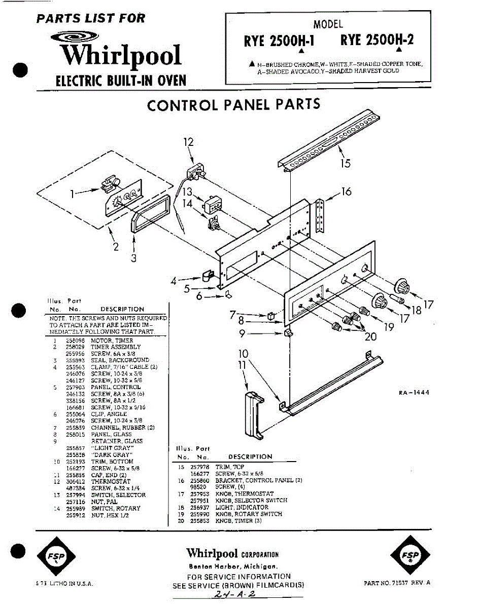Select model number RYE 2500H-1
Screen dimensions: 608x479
coord(279,41)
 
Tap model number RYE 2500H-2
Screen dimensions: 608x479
coord(377,40)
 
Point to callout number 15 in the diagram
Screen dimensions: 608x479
coord(345,163)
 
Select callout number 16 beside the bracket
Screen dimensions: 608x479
coord(346,192)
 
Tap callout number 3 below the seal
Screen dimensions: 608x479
coord(133,258)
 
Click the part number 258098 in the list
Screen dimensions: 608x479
coord(74,340)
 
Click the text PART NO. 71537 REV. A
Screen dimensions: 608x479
coord(397,583)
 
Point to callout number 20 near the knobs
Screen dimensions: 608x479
coord(370,336)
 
